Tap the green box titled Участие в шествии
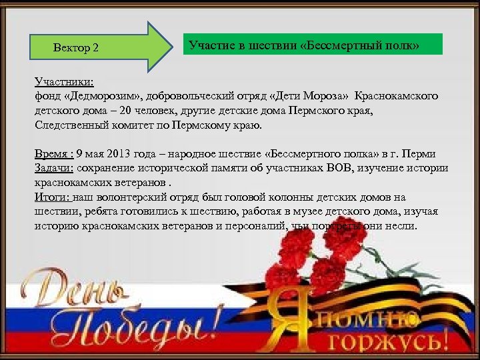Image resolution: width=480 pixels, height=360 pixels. (x=313, y=45)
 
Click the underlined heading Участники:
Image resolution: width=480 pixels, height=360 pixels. (x=64, y=83)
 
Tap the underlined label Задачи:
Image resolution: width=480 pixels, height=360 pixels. (x=56, y=167)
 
